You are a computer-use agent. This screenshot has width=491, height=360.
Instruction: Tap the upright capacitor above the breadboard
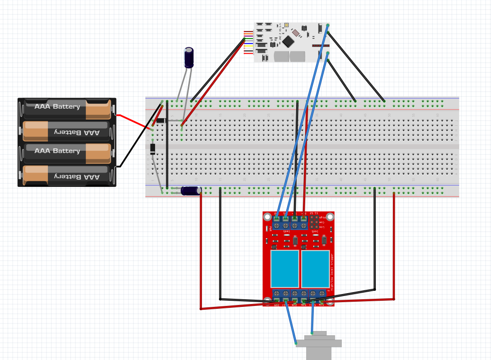[189, 57]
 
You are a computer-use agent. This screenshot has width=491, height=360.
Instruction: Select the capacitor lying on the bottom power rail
[190, 191]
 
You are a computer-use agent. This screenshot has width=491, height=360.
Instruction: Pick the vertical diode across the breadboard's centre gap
[153, 149]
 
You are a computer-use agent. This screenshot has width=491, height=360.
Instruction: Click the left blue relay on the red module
[285, 268]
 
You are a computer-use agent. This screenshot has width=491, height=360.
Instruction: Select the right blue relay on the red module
[316, 268]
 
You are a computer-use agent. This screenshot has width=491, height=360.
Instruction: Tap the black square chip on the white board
[288, 41]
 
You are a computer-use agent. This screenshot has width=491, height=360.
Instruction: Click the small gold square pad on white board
[286, 25]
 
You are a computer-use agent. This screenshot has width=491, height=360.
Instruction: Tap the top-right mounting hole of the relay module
[330, 217]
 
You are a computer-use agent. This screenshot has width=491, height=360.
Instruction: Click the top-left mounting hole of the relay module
[267, 217]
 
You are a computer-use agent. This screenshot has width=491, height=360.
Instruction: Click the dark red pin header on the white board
[320, 46]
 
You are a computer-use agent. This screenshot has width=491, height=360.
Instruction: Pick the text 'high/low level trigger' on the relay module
[332, 270]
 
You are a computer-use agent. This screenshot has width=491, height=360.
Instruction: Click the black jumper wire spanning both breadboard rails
[167, 145]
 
